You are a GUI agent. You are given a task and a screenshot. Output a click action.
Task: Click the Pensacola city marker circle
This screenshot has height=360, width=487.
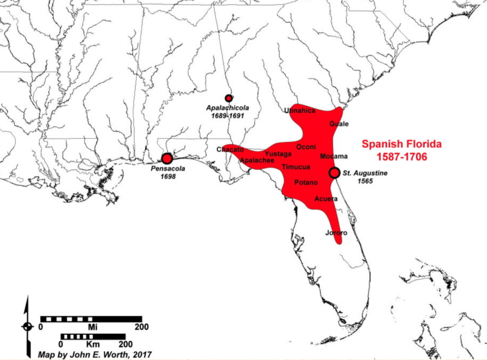(x=166, y=158)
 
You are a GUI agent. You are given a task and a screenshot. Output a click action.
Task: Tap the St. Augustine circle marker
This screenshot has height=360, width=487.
(x=334, y=173)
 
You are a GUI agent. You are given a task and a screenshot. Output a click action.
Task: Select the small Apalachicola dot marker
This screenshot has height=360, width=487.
(x=229, y=98)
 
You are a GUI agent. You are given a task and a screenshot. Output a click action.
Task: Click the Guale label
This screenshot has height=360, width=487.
(x=339, y=124)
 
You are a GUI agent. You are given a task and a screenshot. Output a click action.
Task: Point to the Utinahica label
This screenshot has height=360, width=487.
(x=300, y=111)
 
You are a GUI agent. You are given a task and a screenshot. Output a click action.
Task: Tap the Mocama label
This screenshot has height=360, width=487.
(x=334, y=156)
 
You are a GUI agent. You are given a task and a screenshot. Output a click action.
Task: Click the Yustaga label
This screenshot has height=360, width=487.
(x=278, y=154)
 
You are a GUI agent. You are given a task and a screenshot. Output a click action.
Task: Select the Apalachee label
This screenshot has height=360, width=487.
(x=257, y=161)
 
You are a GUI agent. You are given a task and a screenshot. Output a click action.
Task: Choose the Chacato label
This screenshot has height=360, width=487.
(x=230, y=149)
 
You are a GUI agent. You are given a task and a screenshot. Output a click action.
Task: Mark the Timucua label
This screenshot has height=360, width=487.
(x=296, y=167)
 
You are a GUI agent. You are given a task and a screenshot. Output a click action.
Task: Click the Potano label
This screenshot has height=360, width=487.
(x=306, y=182)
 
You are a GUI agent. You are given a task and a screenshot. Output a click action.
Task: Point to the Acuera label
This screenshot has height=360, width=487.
(x=326, y=199)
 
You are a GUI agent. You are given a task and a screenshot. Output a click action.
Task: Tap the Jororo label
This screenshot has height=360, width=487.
(x=337, y=233)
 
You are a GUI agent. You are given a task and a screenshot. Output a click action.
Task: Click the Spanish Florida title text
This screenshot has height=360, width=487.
(x=401, y=143)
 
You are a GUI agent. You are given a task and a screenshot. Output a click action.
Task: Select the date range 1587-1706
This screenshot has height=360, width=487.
(x=401, y=156)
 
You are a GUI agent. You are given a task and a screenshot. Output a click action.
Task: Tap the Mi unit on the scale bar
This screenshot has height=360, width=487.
(x=92, y=327)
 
